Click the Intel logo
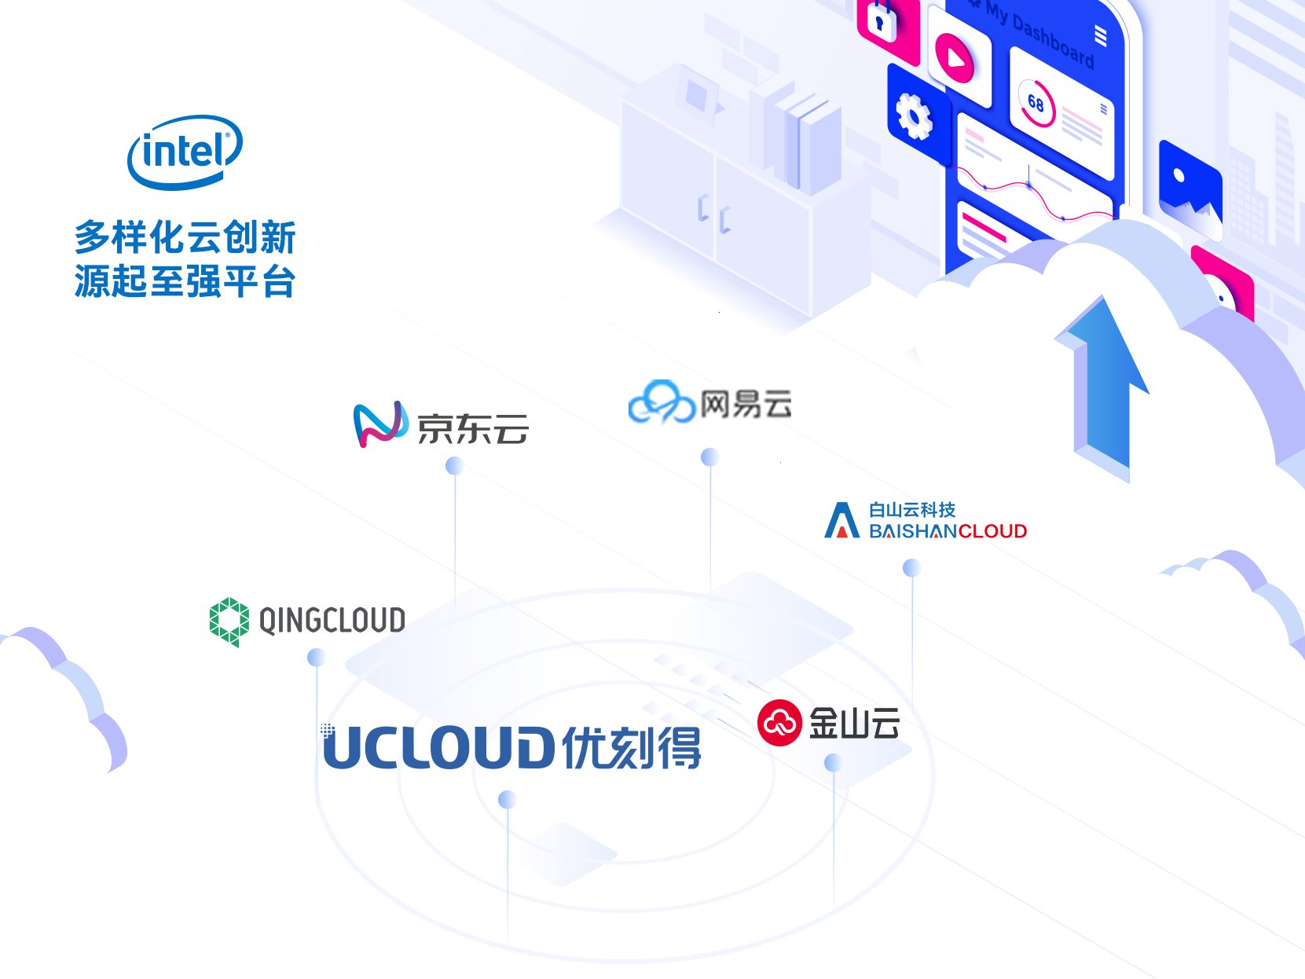(x=185, y=152)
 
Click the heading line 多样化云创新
(x=185, y=237)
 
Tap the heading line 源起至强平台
(x=185, y=281)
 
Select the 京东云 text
(x=472, y=428)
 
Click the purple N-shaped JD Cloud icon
(x=380, y=424)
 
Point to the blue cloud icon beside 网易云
(x=662, y=402)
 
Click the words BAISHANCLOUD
(x=948, y=532)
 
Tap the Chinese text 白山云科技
(x=911, y=510)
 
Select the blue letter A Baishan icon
(x=841, y=521)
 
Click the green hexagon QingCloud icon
(x=229, y=621)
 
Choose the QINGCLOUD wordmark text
(x=332, y=621)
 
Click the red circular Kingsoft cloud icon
(x=779, y=722)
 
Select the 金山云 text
(x=854, y=723)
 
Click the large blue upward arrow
(x=1103, y=385)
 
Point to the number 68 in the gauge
(x=1036, y=104)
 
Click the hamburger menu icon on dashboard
(x=1100, y=35)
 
